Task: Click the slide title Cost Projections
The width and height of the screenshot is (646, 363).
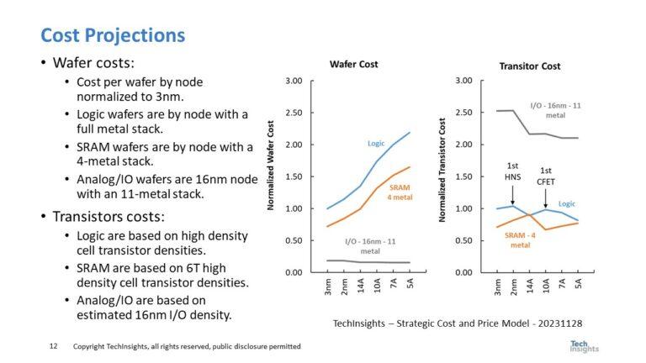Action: click(113, 35)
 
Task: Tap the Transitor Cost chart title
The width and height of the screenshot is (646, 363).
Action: click(530, 65)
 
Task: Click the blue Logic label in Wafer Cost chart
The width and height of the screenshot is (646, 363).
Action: click(376, 144)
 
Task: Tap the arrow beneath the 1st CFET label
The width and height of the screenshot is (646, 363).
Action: click(546, 197)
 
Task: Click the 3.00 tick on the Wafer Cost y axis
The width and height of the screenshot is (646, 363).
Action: click(294, 81)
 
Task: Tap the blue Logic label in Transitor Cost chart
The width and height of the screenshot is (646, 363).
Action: click(567, 203)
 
